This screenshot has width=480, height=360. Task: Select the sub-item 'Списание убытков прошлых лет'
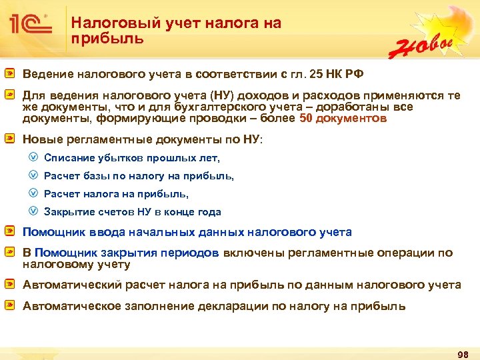[131, 158]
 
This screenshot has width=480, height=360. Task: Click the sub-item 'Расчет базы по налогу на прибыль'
[139, 176]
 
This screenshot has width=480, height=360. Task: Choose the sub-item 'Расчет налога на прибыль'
[116, 194]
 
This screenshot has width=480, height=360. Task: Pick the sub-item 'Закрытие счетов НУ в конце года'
[132, 212]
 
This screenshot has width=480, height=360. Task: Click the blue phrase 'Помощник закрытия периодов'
[127, 253]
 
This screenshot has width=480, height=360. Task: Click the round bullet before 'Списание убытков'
[33, 158]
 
